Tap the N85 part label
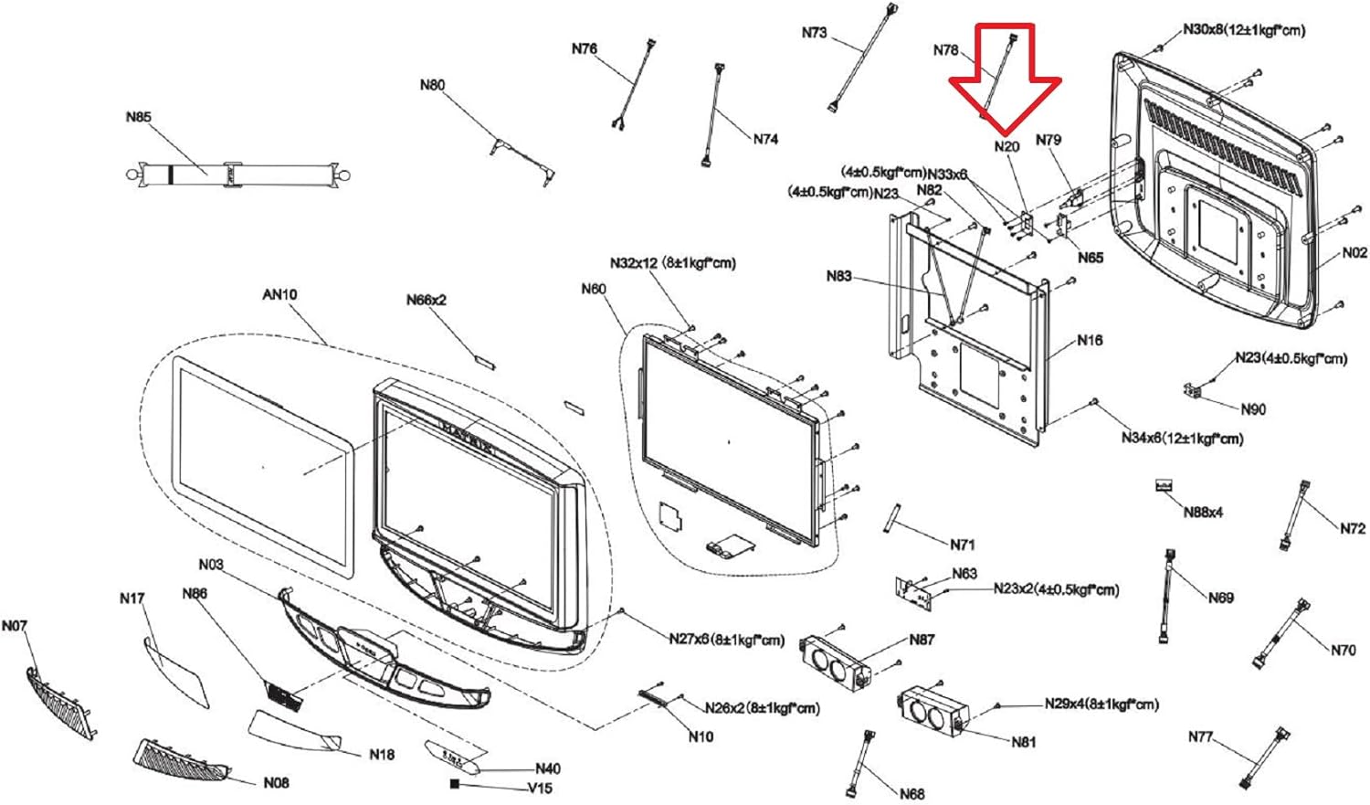[139, 117]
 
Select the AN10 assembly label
[279, 294]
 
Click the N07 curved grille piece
[59, 704]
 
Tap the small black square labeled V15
[455, 784]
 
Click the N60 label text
[594, 289]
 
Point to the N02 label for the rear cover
[1354, 253]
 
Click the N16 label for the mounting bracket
[1090, 340]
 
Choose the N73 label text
[814, 33]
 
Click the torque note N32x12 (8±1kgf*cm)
[673, 263]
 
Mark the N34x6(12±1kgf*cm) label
[1182, 439]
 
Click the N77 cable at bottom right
[1266, 758]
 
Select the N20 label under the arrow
[1006, 146]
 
